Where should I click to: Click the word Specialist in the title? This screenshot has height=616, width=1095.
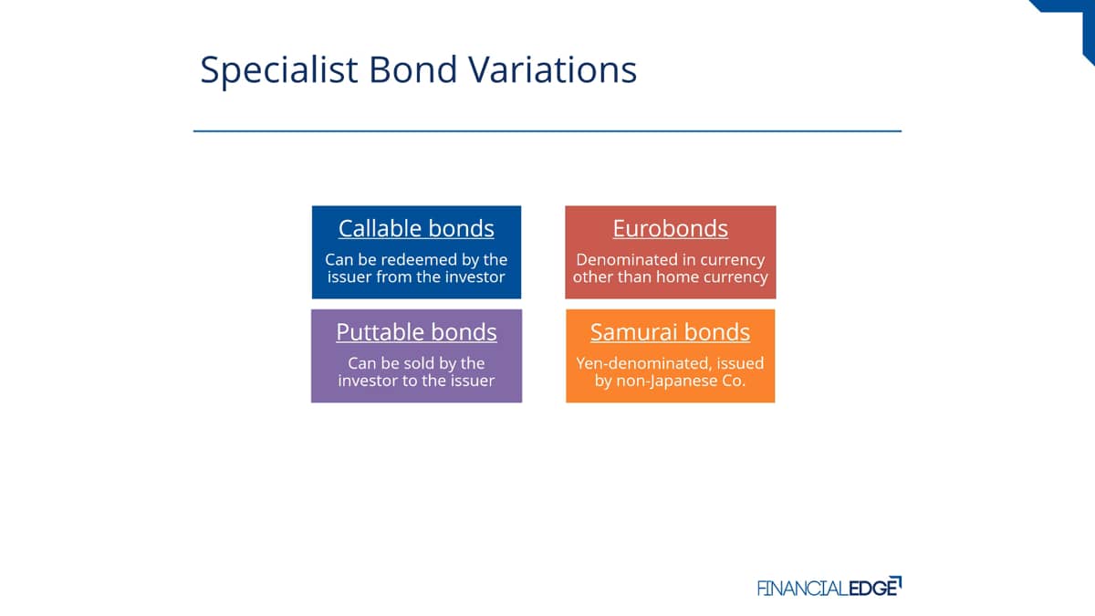(x=279, y=70)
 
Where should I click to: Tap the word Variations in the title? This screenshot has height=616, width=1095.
(x=552, y=69)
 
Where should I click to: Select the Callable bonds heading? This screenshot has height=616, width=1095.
(x=416, y=228)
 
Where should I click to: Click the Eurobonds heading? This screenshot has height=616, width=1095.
(x=670, y=228)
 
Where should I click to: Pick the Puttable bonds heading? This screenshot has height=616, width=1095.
(x=416, y=332)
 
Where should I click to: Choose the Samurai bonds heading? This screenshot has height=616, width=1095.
(x=670, y=332)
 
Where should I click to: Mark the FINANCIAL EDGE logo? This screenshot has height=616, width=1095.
(x=829, y=586)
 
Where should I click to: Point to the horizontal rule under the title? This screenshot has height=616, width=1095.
(x=547, y=131)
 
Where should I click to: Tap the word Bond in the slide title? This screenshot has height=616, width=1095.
(x=413, y=69)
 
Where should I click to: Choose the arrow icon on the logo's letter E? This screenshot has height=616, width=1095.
(x=895, y=582)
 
